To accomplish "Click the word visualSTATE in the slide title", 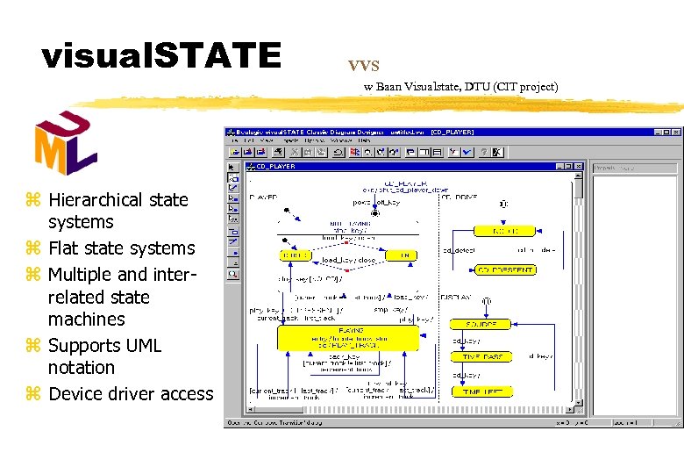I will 160,56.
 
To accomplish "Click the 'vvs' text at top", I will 363,65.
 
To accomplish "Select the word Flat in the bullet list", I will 66,248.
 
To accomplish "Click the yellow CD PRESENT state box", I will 505,270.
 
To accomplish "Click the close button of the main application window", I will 674,132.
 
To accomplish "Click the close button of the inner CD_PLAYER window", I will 579,166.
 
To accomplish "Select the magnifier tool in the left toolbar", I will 233,274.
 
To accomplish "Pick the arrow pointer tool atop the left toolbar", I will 233,167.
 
